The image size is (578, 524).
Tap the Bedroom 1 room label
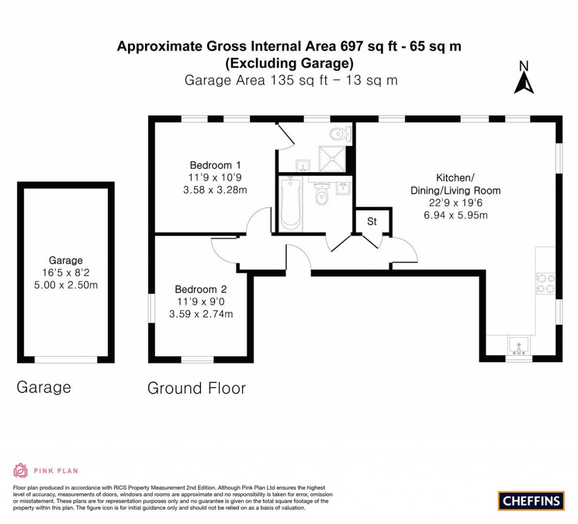pyautogui.click(x=215, y=165)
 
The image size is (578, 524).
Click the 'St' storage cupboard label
pyautogui.click(x=371, y=222)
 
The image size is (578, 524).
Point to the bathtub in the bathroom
pyautogui.click(x=291, y=203)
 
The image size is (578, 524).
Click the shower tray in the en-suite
pyautogui.click(x=332, y=158)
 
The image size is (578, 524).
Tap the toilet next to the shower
pyautogui.click(x=341, y=134)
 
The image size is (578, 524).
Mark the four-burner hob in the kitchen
pyautogui.click(x=546, y=283)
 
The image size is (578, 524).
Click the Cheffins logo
pyautogui.click(x=531, y=500)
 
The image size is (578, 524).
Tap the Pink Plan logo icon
pyautogui.click(x=20, y=470)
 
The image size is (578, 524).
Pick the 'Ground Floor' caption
pyautogui.click(x=196, y=388)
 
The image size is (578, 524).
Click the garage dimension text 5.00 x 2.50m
pyautogui.click(x=65, y=285)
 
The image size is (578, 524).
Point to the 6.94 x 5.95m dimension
pyautogui.click(x=455, y=215)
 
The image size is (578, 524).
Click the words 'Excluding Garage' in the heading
pyautogui.click(x=290, y=63)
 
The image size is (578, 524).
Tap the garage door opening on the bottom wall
pyautogui.click(x=66, y=360)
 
